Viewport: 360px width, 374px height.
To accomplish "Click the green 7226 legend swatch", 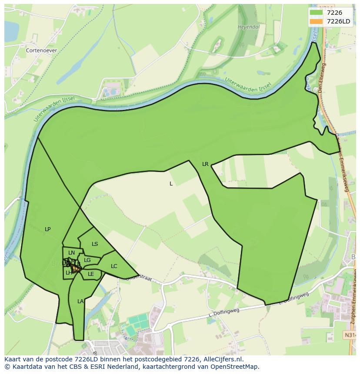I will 317,13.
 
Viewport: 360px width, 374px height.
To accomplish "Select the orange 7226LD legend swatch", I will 317,21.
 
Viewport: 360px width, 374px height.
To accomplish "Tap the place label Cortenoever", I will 41,50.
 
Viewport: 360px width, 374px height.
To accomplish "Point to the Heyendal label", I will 249,27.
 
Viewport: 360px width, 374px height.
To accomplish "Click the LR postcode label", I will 205,164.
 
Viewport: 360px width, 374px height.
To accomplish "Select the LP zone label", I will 48,229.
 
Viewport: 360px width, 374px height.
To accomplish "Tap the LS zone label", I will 95,244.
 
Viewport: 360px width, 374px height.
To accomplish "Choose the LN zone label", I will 72,253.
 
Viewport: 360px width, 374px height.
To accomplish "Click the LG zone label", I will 87,260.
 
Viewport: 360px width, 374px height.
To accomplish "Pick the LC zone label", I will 114,266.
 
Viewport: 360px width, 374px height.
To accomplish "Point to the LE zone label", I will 91,274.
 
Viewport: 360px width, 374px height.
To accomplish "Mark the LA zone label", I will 80,301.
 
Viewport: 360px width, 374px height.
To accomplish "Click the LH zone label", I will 69,273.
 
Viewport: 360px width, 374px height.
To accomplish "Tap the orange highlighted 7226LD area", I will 76,269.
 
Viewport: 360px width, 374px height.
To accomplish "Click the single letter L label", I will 171,184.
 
